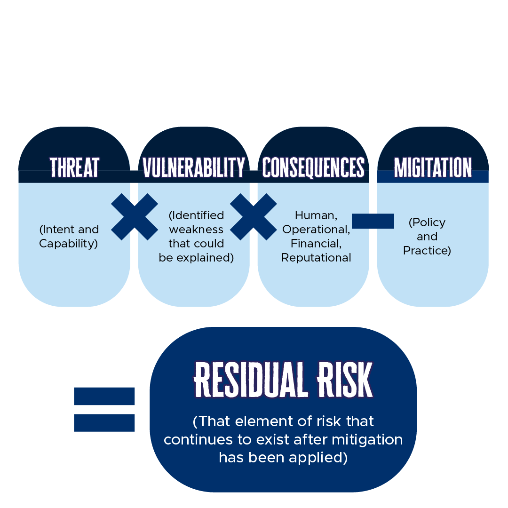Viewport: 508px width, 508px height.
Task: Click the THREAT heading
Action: coord(74,167)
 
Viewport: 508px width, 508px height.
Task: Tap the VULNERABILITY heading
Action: coord(194,167)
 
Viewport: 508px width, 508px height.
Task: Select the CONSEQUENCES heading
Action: coord(313,167)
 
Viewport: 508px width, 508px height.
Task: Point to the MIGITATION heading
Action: coord(433,167)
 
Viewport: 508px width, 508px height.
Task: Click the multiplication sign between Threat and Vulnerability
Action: coord(135,217)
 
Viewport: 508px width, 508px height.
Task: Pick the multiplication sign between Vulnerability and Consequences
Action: coord(254,217)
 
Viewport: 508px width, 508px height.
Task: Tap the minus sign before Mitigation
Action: coord(373,221)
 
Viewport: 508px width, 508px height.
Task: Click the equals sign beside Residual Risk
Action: coord(104,410)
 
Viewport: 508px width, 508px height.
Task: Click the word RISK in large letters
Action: coord(345,380)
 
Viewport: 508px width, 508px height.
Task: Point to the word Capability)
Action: coord(68,244)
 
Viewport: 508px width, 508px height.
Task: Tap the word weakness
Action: coord(196,230)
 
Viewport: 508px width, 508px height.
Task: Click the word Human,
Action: coord(316,215)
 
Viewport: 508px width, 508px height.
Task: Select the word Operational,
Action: coord(316,230)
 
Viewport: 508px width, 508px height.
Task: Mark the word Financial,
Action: coord(316,244)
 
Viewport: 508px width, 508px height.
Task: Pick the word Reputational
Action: coord(316,258)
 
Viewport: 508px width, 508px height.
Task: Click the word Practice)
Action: coord(427,251)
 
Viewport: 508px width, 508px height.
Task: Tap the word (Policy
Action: coord(427,222)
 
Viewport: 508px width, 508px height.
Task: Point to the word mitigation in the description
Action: coord(367,440)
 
